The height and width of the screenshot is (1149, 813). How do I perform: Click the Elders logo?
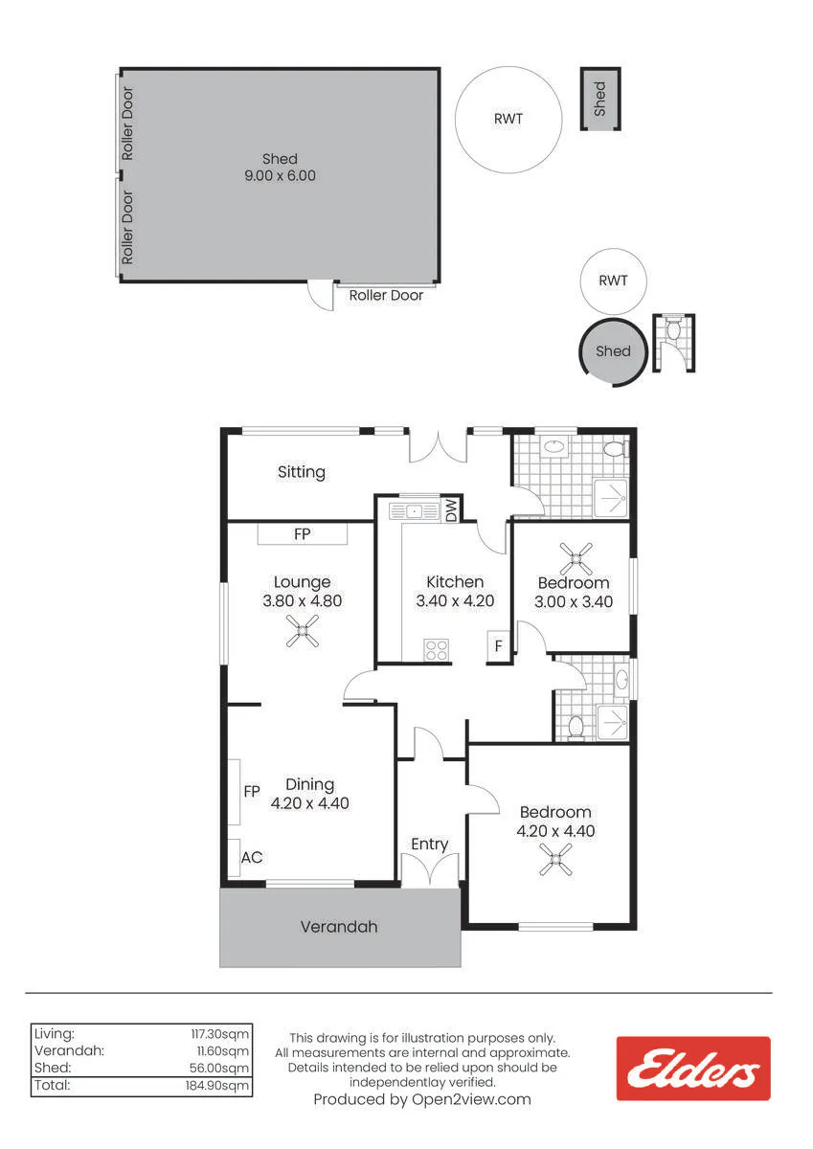coord(693,1069)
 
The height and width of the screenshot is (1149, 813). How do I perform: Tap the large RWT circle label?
coord(508,119)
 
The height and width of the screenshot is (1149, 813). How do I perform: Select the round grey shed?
coord(614,351)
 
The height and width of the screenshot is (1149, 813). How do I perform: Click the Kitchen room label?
coord(455,582)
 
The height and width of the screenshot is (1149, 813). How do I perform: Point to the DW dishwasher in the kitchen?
coord(452,509)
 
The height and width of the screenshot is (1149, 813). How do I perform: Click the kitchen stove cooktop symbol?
coord(436,649)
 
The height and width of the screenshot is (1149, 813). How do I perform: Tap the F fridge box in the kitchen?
coord(498,645)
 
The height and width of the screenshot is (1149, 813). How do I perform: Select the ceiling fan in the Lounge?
coord(303,631)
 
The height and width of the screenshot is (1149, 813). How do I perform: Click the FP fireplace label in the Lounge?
coord(302,534)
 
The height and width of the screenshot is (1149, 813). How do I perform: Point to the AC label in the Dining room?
coord(252,857)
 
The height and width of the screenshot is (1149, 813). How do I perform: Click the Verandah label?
coord(339,927)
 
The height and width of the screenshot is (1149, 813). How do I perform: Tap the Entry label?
coord(429,844)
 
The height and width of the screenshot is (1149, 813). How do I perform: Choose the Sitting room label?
coord(302,472)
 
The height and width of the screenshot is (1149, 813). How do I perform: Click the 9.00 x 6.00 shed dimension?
coord(280,175)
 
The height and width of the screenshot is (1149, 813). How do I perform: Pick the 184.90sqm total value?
coord(217,1086)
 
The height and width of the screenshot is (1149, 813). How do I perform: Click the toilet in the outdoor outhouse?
coord(672,328)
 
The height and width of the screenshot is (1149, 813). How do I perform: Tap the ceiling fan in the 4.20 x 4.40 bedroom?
coord(555,859)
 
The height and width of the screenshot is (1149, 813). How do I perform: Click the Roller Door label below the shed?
coord(386,296)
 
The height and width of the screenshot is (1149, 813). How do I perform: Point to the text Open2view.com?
coord(471,1099)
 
